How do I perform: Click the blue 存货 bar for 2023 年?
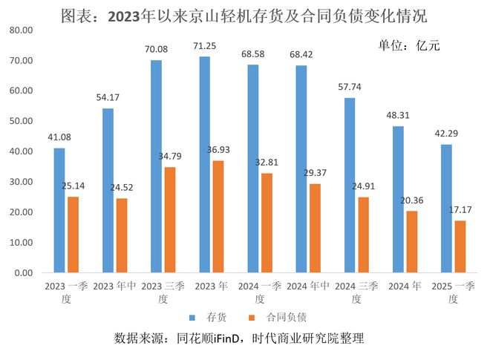coord(205,164)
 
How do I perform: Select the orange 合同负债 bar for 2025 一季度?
coord(460,246)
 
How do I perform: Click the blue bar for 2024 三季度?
coord(350,185)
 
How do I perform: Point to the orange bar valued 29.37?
coord(315,228)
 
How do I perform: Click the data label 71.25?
coord(206,47)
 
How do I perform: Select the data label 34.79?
coord(169,157)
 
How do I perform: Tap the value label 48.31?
coord(398,117)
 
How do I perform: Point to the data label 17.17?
coord(460,211)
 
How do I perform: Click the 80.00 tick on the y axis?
coord(24,30)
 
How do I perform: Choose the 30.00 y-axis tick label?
coord(24,182)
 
